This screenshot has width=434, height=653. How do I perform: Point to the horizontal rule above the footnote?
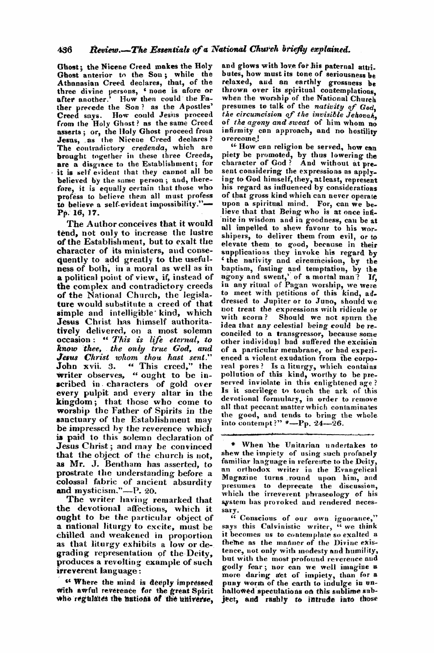click(298, 434)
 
